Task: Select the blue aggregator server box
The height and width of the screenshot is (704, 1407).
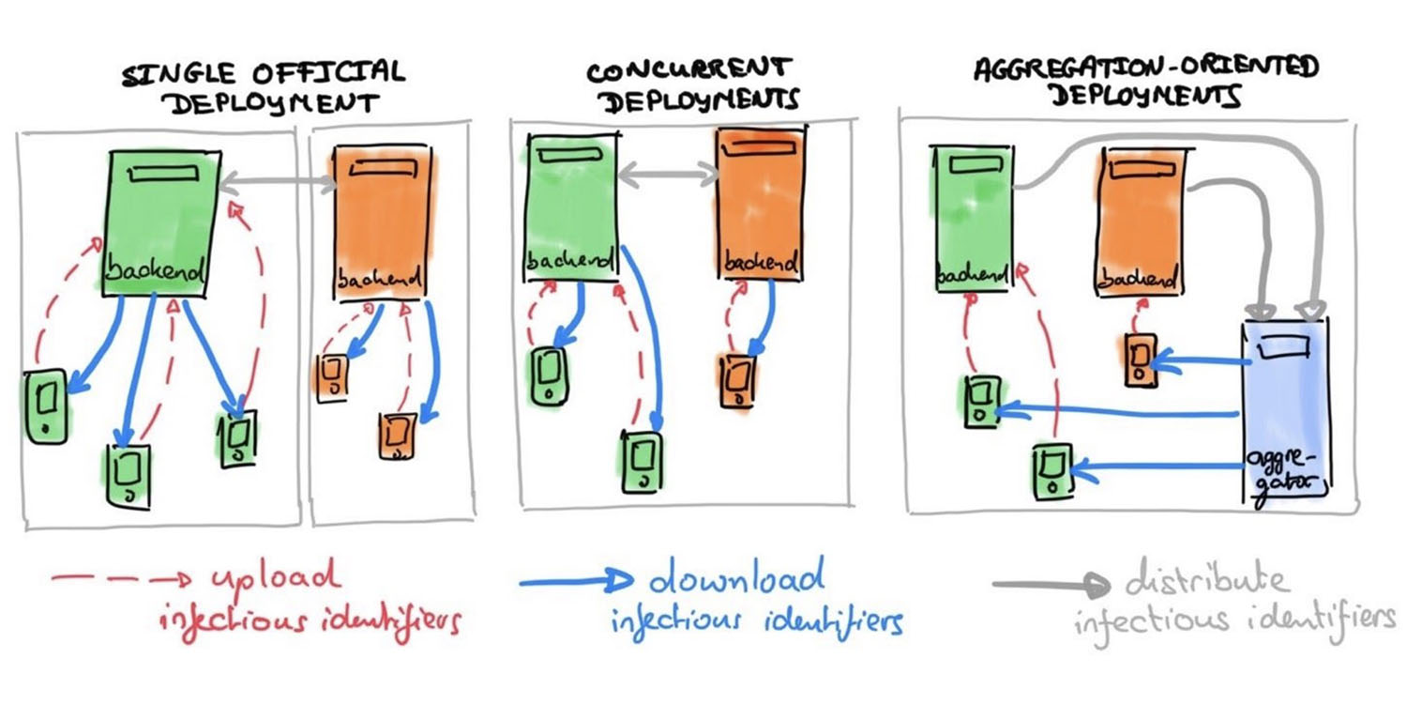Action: pyautogui.click(x=1285, y=413)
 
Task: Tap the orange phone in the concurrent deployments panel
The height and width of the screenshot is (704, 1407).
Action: pyautogui.click(x=737, y=380)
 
